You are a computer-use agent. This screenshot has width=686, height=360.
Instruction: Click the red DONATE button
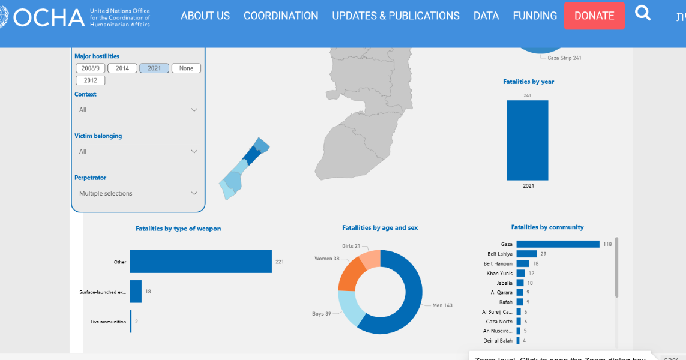pos(594,16)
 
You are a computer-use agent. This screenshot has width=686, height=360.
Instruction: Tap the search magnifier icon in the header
pos(643,13)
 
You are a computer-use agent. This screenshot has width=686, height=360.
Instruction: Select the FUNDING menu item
pos(535,16)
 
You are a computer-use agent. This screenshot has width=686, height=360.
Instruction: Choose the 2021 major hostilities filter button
pos(154,68)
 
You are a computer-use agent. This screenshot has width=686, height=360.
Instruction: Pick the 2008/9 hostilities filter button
pos(91,68)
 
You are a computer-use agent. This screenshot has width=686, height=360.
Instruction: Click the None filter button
pos(186,68)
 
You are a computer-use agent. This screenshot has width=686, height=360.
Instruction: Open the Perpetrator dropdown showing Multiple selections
pos(138,193)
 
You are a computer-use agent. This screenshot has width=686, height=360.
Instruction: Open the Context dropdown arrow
pos(194,110)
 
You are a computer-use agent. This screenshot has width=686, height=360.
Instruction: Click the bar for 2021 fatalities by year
pos(527,140)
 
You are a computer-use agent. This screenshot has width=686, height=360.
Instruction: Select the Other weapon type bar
pos(200,262)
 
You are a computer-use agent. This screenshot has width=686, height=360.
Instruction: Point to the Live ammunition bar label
pos(109,322)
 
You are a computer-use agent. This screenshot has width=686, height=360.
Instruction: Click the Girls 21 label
pos(351,246)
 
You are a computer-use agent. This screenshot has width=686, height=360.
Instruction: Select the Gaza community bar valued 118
pos(558,244)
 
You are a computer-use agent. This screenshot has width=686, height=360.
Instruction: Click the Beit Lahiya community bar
pos(526,254)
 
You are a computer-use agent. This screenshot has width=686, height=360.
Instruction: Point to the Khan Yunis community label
pos(499,274)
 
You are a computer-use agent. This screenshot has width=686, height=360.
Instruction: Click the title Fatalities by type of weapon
pos(178,229)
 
